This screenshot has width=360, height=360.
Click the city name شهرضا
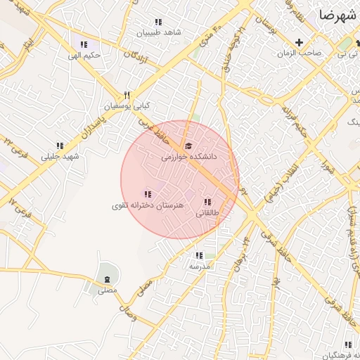tap(338, 14)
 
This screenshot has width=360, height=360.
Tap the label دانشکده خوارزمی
tap(188, 158)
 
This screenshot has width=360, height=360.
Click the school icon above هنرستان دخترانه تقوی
tap(148, 194)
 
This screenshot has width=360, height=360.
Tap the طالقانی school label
tap(207, 213)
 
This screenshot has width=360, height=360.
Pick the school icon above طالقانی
tap(206, 202)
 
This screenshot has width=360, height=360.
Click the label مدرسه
tap(199, 266)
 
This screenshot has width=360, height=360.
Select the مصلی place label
tap(107, 290)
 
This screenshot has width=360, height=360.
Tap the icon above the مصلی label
tap(107, 279)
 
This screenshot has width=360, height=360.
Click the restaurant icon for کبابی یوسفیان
tap(127, 95)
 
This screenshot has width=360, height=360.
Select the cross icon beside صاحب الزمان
tap(300, 42)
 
